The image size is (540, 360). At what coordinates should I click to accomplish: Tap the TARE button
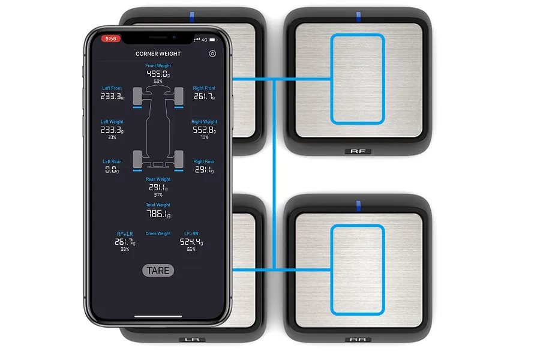[158, 271]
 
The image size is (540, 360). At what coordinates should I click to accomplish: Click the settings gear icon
[212, 54]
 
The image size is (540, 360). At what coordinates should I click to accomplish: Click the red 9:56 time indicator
[111, 38]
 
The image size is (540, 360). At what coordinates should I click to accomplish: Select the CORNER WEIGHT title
[158, 54]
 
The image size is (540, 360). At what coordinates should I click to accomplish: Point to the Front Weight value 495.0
[158, 74]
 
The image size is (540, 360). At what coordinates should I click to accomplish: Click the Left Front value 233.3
[112, 96]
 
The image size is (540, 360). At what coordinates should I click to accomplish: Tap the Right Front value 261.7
[204, 96]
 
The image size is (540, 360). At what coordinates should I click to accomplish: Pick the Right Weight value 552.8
[204, 130]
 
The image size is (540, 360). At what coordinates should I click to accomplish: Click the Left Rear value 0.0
[112, 170]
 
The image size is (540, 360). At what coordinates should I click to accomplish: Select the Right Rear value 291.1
[204, 170]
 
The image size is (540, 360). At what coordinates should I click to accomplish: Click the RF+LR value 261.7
[125, 242]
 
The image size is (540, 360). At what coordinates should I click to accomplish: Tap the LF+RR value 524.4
[191, 242]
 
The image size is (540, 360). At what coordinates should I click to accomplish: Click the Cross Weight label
[158, 233]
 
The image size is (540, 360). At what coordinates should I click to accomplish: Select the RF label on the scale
[358, 152]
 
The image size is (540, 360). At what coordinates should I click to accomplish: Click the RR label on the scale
[358, 340]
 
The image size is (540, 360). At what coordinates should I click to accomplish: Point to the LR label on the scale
[192, 340]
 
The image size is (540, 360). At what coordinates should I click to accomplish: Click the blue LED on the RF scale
[359, 16]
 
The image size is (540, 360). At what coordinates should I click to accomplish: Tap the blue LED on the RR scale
[359, 206]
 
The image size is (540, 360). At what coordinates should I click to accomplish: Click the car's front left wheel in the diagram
[137, 94]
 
